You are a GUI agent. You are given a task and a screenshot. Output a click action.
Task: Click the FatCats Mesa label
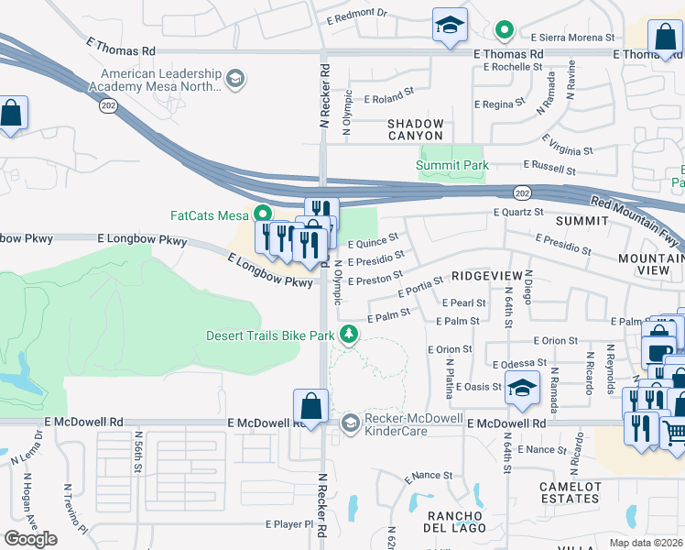[211, 215]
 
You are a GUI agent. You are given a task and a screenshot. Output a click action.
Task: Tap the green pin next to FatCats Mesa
[265, 215]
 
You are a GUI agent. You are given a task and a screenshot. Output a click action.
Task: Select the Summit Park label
[452, 166]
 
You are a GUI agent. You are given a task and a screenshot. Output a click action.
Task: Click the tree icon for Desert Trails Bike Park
[348, 335]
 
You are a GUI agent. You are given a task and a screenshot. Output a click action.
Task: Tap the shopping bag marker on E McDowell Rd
[310, 406]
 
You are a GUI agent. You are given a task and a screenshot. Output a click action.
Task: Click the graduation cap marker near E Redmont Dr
[450, 26]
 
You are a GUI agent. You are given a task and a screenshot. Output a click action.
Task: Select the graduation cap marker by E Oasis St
[522, 389]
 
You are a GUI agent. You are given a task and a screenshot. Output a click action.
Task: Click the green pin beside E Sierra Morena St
[504, 31]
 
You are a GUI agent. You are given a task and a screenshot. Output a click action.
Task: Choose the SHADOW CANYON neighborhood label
[416, 130]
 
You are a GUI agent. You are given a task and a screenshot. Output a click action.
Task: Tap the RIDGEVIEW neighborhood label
[486, 276]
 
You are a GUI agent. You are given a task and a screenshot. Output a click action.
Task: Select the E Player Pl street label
[289, 525]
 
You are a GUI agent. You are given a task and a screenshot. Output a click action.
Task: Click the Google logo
[30, 538]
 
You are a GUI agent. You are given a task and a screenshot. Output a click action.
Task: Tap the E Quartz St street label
[518, 212]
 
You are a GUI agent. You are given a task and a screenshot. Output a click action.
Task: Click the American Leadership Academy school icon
[235, 80]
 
